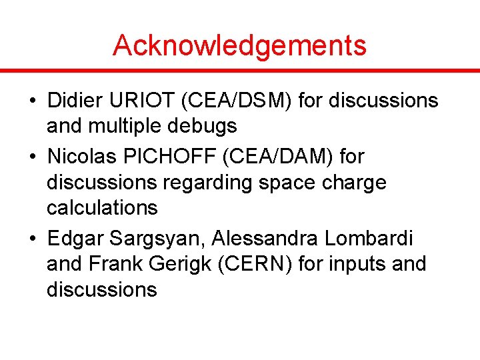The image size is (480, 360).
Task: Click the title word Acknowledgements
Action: pyautogui.click(x=239, y=45)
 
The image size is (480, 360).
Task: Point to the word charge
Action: pyautogui.click(x=351, y=183)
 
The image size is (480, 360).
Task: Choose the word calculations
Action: pyautogui.click(x=102, y=208)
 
